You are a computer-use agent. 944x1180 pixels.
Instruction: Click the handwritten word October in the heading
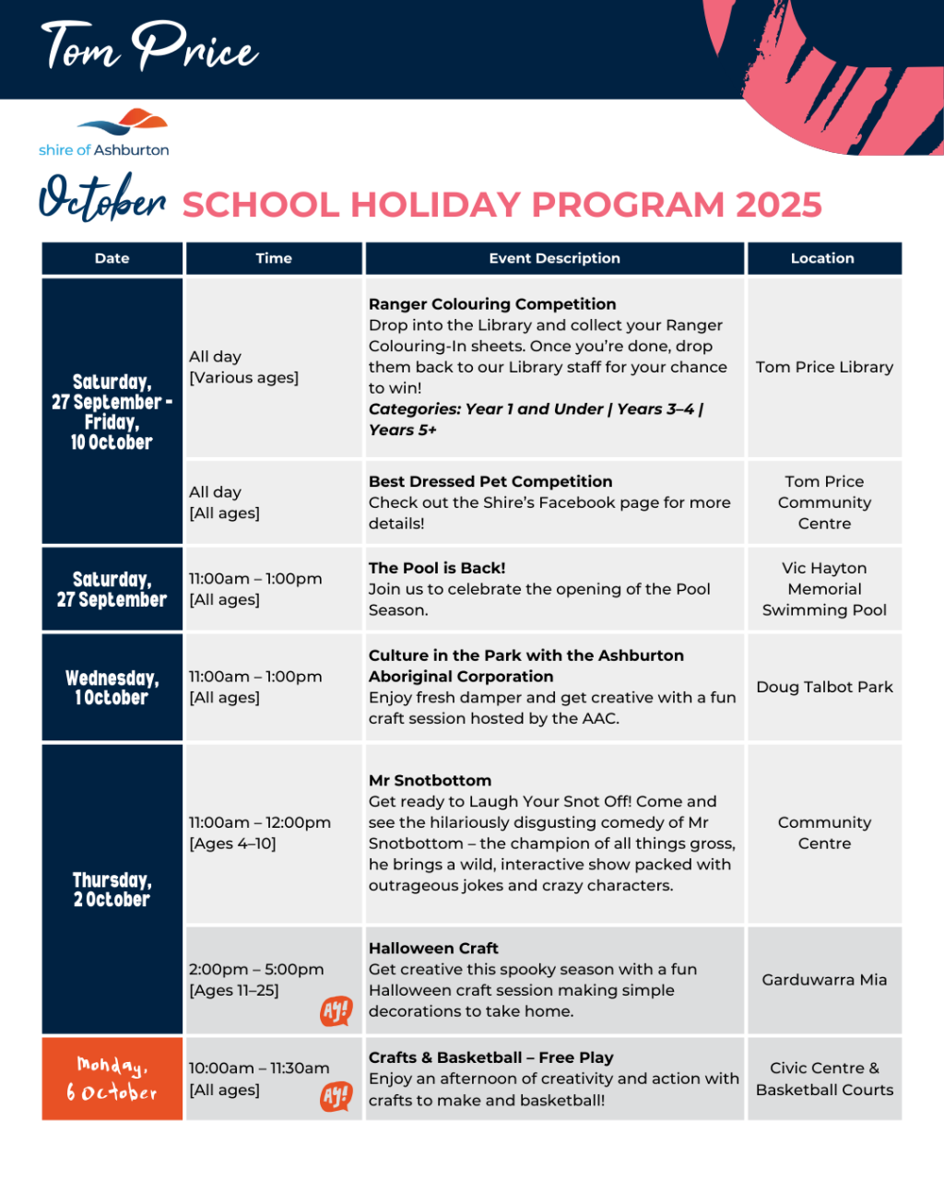point(102,197)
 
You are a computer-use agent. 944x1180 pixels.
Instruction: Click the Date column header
point(112,258)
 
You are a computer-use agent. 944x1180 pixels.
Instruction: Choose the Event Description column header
point(554,258)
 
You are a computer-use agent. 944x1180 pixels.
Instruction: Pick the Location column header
point(822,258)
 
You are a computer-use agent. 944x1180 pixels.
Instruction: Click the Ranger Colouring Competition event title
point(492,304)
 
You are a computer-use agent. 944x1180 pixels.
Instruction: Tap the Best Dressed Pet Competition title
point(490,481)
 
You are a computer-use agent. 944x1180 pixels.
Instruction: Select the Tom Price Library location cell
point(824,367)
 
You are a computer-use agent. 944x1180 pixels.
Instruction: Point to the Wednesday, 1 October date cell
point(112,688)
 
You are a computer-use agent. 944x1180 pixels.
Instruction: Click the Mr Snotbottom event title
point(430,780)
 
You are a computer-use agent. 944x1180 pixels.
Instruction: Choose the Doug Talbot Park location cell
point(824,687)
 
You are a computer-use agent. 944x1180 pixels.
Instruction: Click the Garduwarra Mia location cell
point(824,980)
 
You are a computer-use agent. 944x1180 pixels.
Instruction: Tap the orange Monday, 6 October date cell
point(112,1079)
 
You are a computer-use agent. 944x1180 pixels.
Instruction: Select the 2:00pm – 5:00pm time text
point(256,969)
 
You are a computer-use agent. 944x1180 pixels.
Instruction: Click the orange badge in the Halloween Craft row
point(336,1011)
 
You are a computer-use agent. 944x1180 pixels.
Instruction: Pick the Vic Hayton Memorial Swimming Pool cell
point(824,589)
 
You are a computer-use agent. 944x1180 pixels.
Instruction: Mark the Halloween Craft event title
point(433,948)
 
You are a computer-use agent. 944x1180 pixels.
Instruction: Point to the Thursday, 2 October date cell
point(112,890)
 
